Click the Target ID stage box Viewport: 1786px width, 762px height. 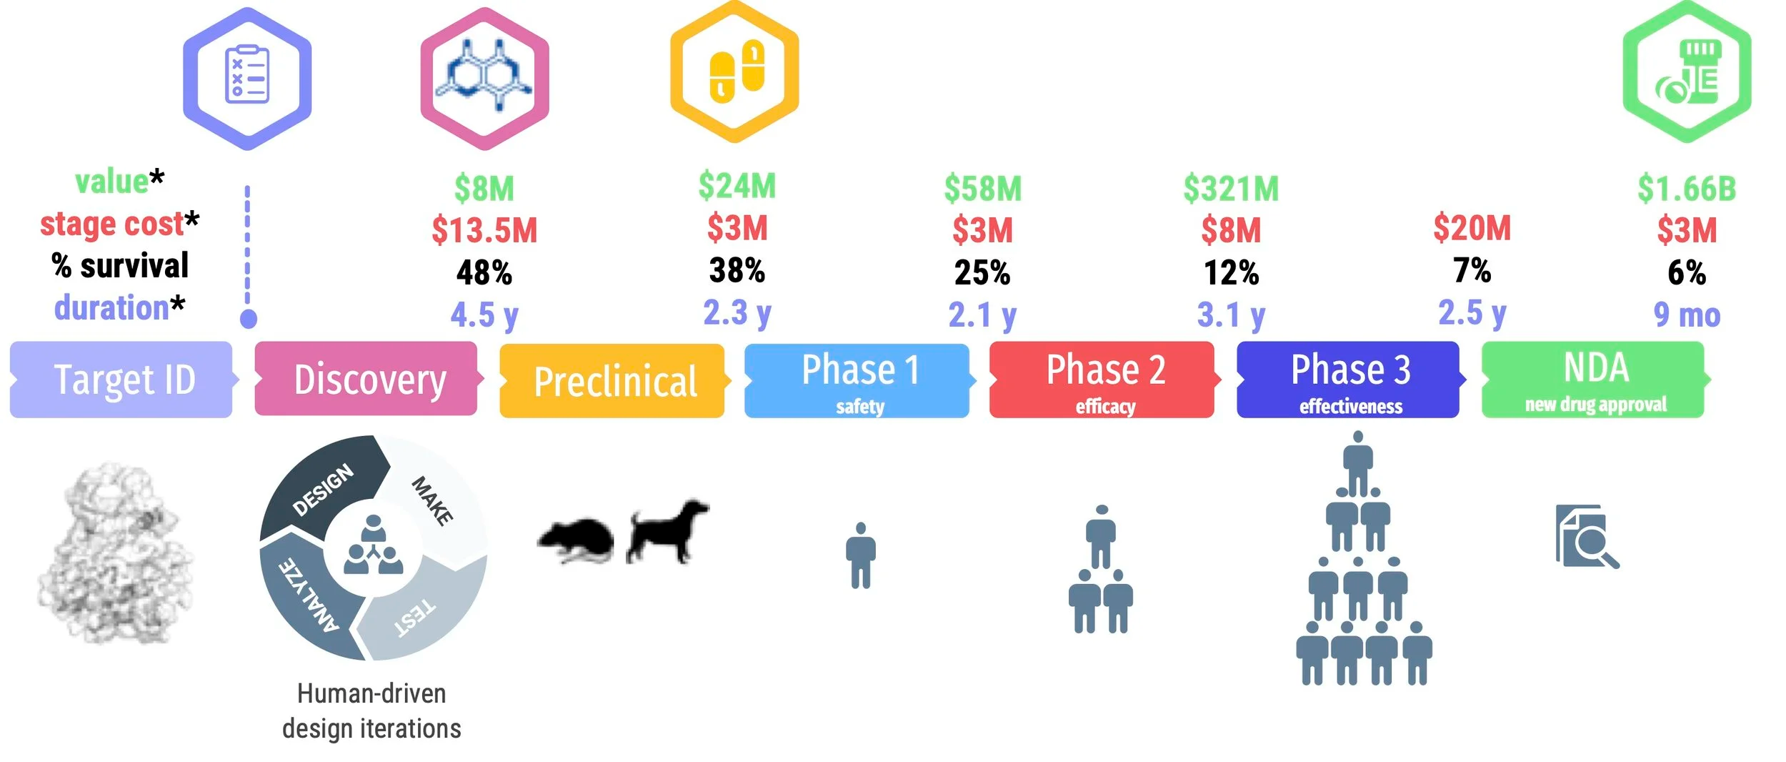click(x=121, y=379)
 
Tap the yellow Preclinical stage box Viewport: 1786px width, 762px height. click(x=614, y=380)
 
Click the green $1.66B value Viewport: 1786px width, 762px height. click(x=1686, y=189)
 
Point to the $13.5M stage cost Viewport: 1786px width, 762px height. click(x=484, y=230)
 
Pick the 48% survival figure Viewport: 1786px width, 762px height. click(x=484, y=272)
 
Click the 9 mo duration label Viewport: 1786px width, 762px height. click(x=1687, y=315)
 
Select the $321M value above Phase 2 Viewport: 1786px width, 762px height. click(x=1231, y=189)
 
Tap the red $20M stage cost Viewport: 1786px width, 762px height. click(x=1472, y=228)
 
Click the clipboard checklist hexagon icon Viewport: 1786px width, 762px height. click(x=247, y=79)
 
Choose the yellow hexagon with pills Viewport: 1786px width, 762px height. click(x=734, y=71)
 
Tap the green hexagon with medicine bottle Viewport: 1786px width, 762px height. click(x=1687, y=71)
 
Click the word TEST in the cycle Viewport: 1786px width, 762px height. click(x=414, y=618)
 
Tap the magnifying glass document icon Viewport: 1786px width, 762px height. click(x=1587, y=536)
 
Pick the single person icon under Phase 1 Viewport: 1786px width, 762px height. click(x=861, y=555)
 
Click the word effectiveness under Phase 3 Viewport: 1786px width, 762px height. click(x=1350, y=406)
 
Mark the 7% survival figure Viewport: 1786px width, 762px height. click(x=1472, y=270)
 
